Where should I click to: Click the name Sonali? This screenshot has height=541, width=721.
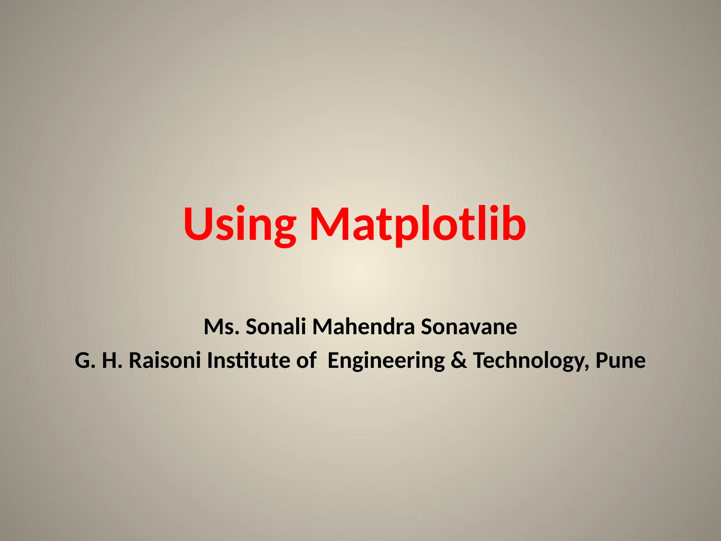(276, 327)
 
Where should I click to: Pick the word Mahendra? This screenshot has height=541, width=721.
(363, 327)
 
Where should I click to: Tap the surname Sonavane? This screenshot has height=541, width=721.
(469, 327)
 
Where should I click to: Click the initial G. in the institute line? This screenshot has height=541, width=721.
(85, 361)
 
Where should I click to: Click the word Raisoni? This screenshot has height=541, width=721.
(165, 361)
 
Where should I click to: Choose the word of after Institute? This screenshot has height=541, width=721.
(306, 361)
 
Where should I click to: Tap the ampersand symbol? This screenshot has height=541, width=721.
(459, 361)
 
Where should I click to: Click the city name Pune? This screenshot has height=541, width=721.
(620, 361)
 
